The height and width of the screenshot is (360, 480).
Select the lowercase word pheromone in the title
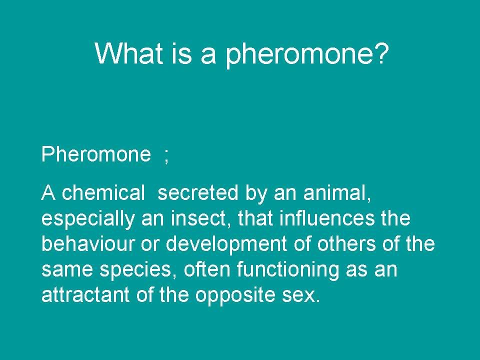297,55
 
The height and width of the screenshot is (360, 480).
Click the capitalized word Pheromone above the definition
96,153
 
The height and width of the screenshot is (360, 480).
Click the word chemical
103,193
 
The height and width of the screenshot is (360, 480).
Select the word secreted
198,193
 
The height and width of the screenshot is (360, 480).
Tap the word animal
337,193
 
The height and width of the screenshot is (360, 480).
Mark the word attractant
85,295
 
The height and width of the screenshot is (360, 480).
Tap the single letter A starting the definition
48,192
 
